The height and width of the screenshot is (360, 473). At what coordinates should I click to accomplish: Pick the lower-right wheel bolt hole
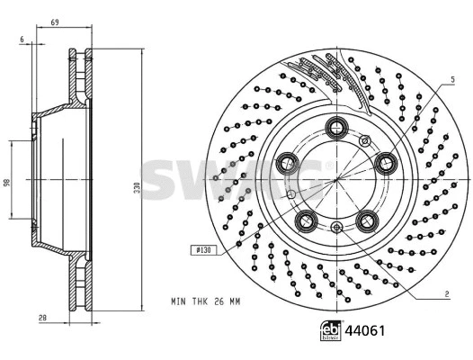tap(367, 220)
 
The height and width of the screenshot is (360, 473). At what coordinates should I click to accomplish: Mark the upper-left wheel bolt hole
tap(290, 163)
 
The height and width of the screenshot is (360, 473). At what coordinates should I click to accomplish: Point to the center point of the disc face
tap(337, 179)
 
